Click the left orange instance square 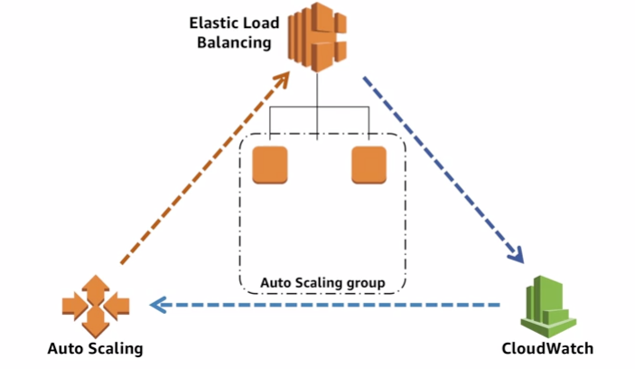pyautogui.click(x=270, y=164)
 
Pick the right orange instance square pyautogui.click(x=369, y=164)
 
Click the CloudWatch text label pyautogui.click(x=548, y=348)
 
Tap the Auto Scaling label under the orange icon pyautogui.click(x=95, y=348)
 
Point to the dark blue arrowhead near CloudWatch pyautogui.click(x=518, y=255)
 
